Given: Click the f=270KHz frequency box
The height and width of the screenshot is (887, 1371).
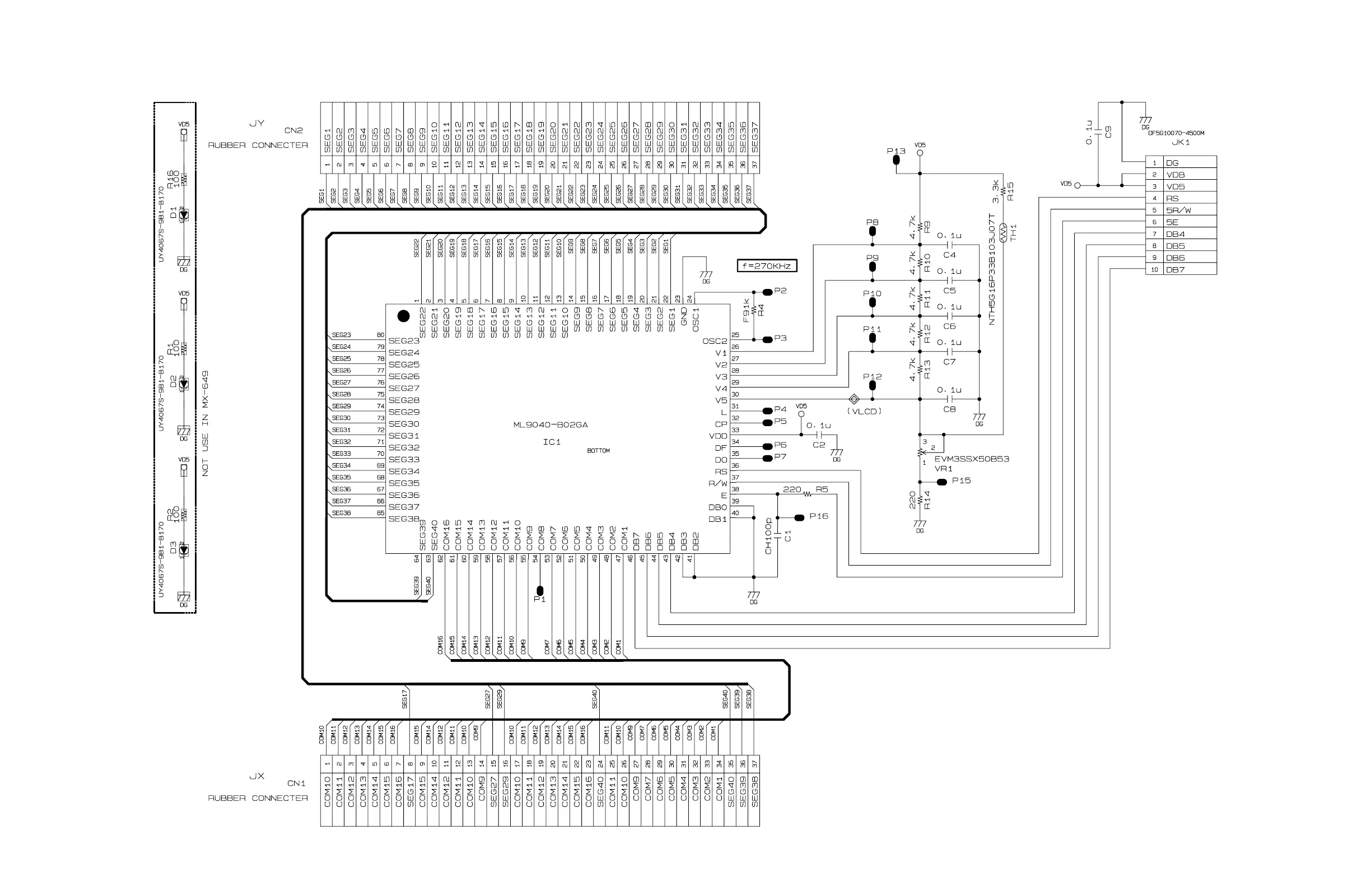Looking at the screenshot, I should [x=767, y=266].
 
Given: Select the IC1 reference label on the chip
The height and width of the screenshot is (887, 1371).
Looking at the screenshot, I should [x=551, y=442].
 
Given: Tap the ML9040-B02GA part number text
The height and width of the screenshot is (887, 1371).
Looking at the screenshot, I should [x=550, y=425].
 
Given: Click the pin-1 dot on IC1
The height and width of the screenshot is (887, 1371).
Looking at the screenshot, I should [x=404, y=316].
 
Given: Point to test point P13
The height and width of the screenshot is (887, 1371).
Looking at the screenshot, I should [x=896, y=159].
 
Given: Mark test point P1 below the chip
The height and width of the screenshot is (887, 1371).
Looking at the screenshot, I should [x=539, y=590].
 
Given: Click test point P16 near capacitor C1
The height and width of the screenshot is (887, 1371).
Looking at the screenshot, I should [x=799, y=518].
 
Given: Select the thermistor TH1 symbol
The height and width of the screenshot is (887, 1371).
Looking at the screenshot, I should [x=1003, y=234].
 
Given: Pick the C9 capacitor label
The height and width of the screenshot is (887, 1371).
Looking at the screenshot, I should [x=1108, y=132].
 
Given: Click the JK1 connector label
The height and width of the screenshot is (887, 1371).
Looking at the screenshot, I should [x=1181, y=142].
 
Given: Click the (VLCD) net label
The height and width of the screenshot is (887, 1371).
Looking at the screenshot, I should [x=864, y=411].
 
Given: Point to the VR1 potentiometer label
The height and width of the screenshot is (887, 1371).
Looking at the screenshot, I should [x=944, y=469].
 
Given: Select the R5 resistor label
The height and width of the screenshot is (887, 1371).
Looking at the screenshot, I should [x=822, y=489].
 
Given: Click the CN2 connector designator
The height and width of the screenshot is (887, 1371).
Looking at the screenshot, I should [x=293, y=130].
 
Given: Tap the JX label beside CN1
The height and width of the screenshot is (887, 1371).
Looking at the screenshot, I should [x=257, y=776].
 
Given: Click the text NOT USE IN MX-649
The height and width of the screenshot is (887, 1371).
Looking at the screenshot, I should [x=206, y=423].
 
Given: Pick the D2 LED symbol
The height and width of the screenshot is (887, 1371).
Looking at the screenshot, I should [x=184, y=384].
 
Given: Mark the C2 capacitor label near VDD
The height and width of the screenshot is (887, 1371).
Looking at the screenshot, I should [x=819, y=445].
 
